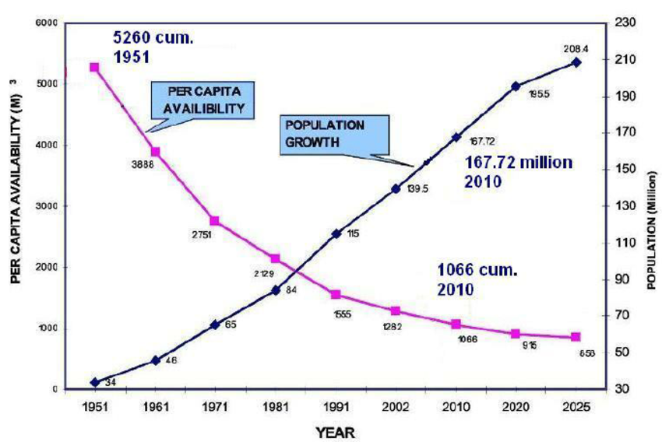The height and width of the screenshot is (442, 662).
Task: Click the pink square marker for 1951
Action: point(94,68)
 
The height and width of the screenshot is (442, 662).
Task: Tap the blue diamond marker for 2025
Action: point(576,61)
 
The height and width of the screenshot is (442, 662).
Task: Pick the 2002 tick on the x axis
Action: point(396,407)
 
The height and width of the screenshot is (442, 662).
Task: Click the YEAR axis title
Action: point(336,430)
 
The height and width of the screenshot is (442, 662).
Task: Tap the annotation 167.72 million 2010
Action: point(519,171)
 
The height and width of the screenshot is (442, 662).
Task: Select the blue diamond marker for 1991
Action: point(336,233)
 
